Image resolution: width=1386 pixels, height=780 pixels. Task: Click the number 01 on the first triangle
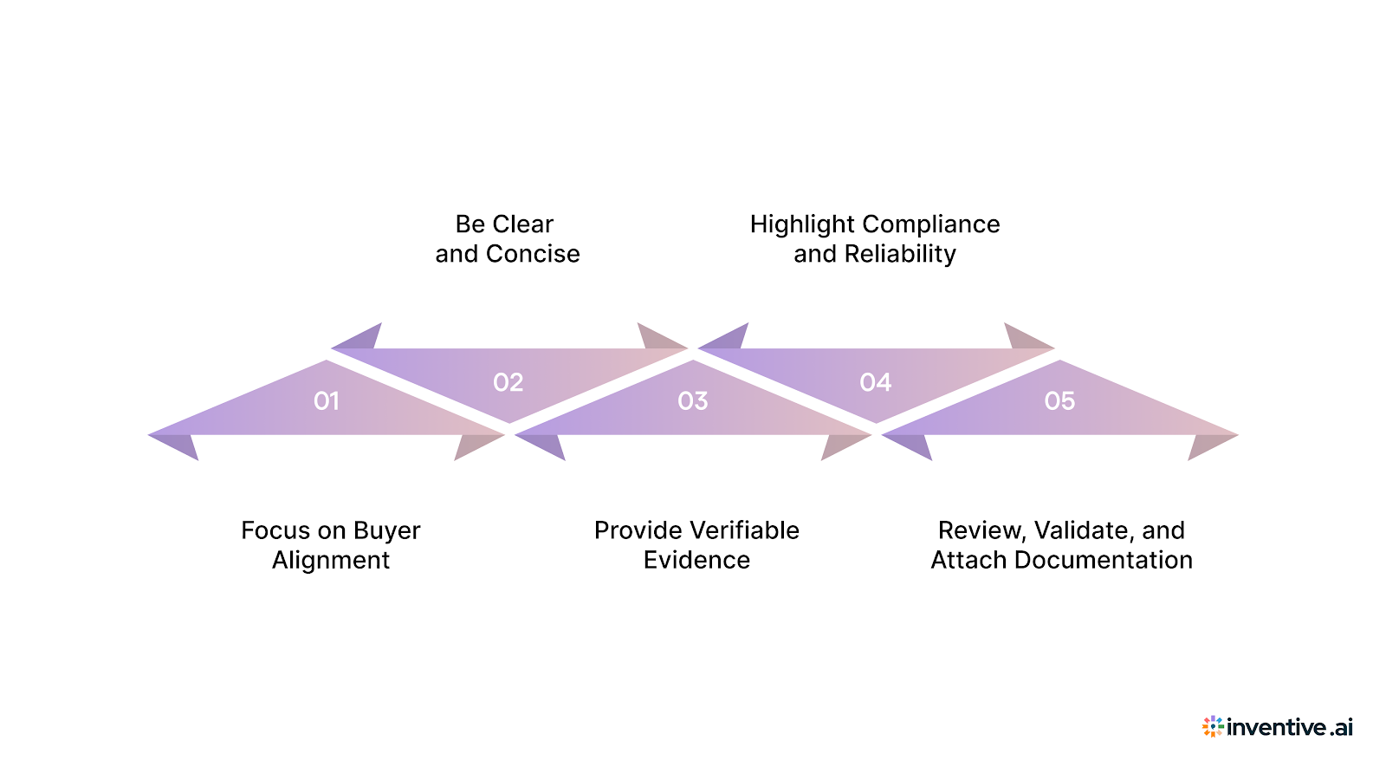[x=326, y=400]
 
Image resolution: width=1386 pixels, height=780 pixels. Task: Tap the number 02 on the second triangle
[x=508, y=382]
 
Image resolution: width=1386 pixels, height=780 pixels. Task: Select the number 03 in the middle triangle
[x=693, y=400]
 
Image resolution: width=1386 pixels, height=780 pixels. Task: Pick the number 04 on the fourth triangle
[x=875, y=382]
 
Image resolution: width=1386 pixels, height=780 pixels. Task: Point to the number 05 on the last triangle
[x=1059, y=400]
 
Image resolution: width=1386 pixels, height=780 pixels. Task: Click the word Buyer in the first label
[x=386, y=530]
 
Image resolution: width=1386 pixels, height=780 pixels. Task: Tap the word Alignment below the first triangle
[x=331, y=560]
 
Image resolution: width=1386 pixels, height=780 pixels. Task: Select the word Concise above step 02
[x=533, y=254]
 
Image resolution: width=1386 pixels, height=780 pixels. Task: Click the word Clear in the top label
[x=522, y=224]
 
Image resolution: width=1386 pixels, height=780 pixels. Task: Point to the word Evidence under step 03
[x=696, y=560]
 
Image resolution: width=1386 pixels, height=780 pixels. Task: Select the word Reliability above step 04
[x=900, y=254]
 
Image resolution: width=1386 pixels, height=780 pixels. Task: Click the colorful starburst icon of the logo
[x=1213, y=726]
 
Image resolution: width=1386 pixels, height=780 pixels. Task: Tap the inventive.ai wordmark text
[x=1290, y=727]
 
